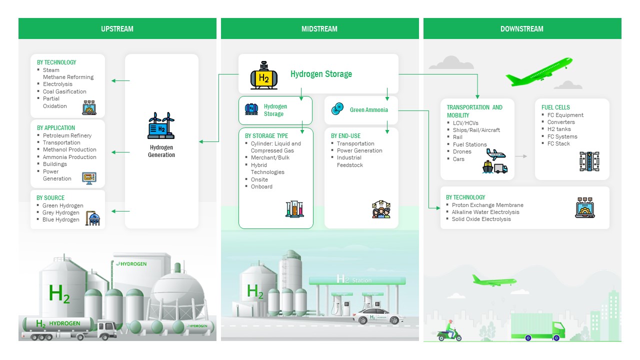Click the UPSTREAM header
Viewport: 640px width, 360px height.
point(117,29)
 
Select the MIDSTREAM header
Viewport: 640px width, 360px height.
point(319,29)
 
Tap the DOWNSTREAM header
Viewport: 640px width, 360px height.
point(521,29)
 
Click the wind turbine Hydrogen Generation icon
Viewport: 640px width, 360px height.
point(161,125)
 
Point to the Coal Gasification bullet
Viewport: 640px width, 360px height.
point(64,91)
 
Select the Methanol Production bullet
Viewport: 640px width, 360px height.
point(69,149)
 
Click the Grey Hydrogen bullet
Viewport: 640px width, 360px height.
point(61,212)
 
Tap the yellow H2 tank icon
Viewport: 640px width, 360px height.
point(263,75)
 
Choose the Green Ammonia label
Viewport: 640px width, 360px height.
point(368,110)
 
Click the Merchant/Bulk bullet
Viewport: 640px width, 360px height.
point(270,157)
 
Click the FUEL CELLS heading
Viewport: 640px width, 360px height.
point(555,107)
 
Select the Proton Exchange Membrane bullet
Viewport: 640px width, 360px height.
point(487,205)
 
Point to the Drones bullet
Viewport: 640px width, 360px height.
point(462,151)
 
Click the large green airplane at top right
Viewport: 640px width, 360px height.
point(539,72)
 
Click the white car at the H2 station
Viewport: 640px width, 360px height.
point(376,317)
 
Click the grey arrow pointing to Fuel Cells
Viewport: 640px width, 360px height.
point(521,156)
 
